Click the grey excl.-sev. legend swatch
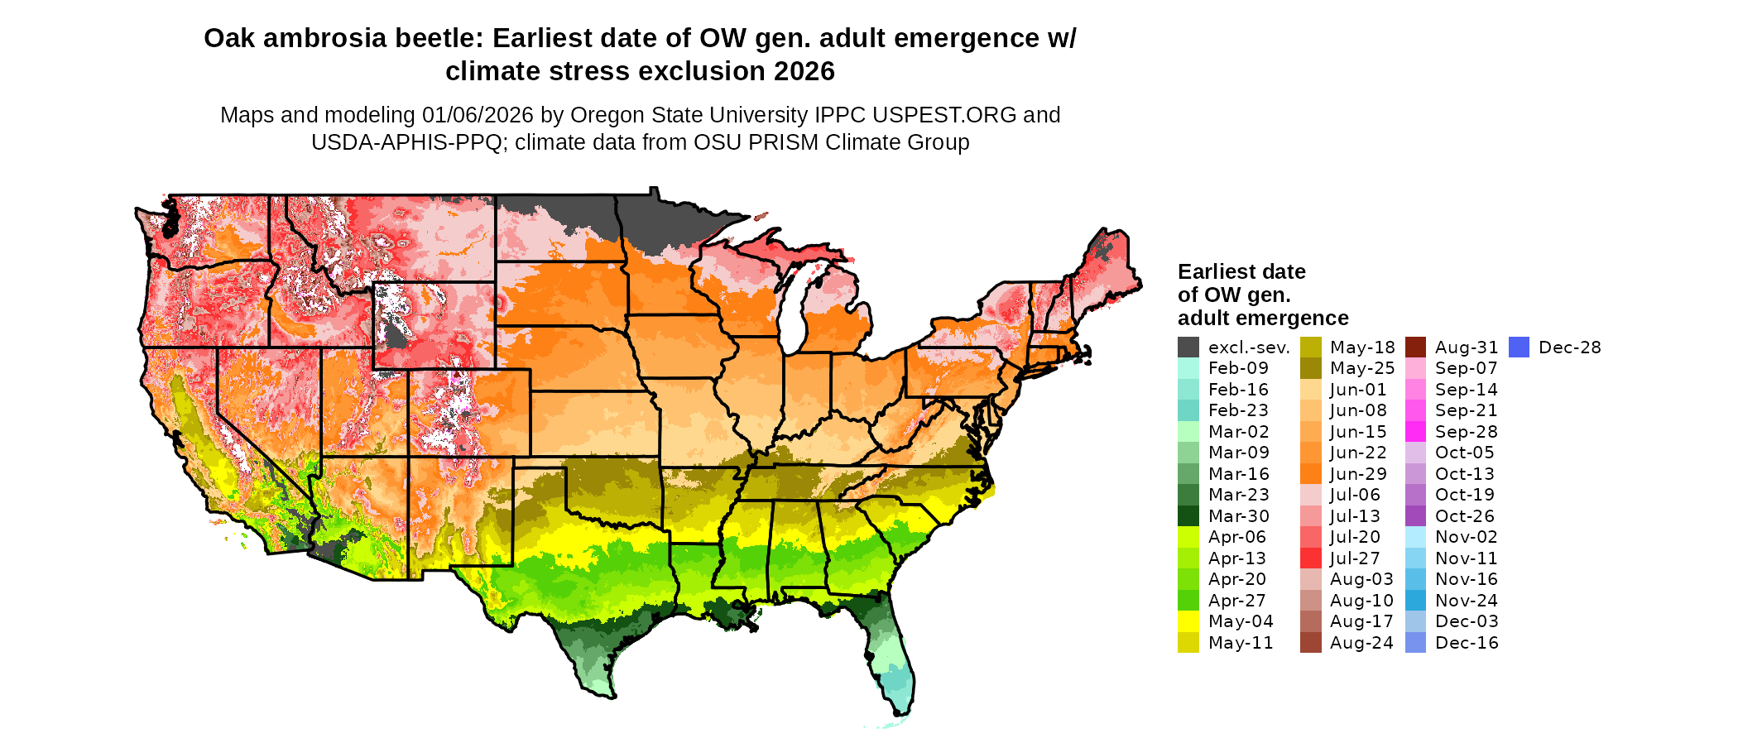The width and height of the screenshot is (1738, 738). [x=1188, y=347]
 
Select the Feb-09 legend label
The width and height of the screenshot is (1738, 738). [x=1238, y=369]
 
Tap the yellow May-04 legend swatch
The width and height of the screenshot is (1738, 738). [x=1188, y=621]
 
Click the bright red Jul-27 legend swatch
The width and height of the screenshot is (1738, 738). [x=1310, y=558]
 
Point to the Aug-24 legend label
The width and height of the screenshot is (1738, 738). [x=1361, y=643]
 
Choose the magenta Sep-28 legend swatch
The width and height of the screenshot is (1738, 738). [x=1415, y=432]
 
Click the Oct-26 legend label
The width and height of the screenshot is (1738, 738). [x=1465, y=516]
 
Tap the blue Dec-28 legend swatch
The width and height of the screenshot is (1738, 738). [x=1519, y=347]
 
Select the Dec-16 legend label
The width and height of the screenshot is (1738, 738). [x=1467, y=643]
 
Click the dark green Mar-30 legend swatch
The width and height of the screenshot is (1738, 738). [x=1188, y=516]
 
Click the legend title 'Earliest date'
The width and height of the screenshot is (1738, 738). [x=1241, y=272]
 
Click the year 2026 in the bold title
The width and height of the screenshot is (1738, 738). [x=804, y=72]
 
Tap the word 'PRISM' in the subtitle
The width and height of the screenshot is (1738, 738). [x=733, y=143]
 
